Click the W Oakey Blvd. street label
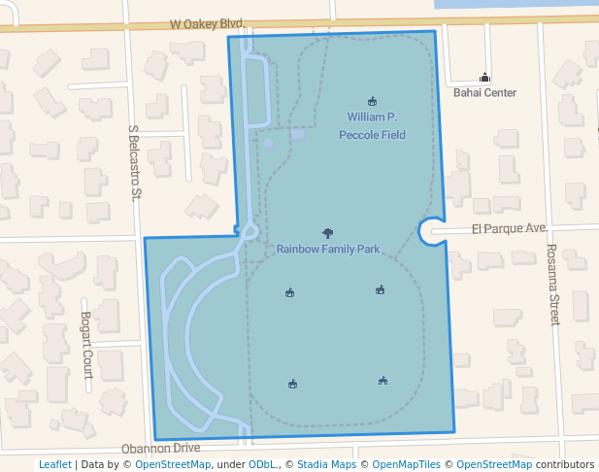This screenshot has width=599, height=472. pos(207,22)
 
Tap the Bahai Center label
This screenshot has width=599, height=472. pos(484,93)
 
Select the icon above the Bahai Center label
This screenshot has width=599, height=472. pos(484,78)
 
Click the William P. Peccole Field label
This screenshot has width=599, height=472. pos(372,126)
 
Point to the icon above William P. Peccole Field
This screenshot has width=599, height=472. pos(372,101)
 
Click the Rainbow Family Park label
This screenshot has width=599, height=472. pos(327,250)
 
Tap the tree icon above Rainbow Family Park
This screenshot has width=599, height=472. pos(327,233)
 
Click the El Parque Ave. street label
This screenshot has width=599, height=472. pos(510,229)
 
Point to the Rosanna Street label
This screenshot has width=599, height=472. pos(554,284)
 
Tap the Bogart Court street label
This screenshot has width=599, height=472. pos(85,345)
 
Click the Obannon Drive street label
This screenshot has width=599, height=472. pos(160,449)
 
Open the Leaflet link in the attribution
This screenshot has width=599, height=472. pos(54,464)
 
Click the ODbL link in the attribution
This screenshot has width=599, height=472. pos(261,464)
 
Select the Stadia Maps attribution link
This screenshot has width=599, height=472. pos(326,464)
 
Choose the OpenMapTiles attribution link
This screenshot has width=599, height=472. pos(407,464)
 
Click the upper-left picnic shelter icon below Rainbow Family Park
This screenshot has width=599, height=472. pos(289,292)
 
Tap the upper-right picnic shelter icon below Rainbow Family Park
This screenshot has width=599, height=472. pos(381,289)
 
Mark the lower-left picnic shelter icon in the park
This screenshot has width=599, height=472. pos(292,385)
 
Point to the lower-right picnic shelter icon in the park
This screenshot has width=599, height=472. pos(383,381)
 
